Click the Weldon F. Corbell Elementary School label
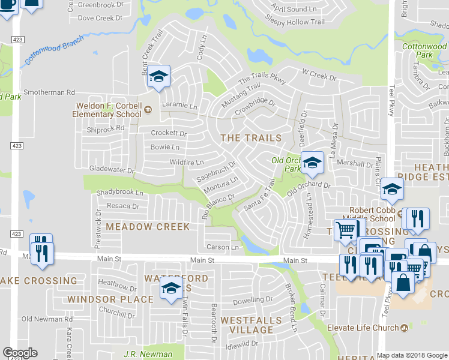(108, 110)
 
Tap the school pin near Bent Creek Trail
(159, 77)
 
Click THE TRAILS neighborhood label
(251, 138)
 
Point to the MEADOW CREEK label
(148, 227)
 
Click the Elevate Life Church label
(363, 328)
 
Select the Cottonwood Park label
(425, 50)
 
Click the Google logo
(20, 353)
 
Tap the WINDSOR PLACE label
(110, 299)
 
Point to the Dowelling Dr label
(253, 299)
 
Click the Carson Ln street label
(223, 247)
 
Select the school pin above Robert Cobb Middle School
(392, 188)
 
